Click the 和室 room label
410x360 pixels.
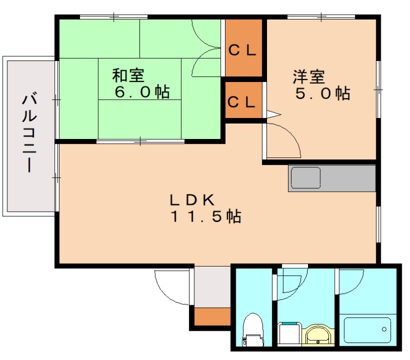point(128,76)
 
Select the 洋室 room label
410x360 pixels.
point(309,77)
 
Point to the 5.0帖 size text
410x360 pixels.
point(322,93)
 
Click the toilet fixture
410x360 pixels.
point(253,328)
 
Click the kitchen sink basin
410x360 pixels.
point(306,178)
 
